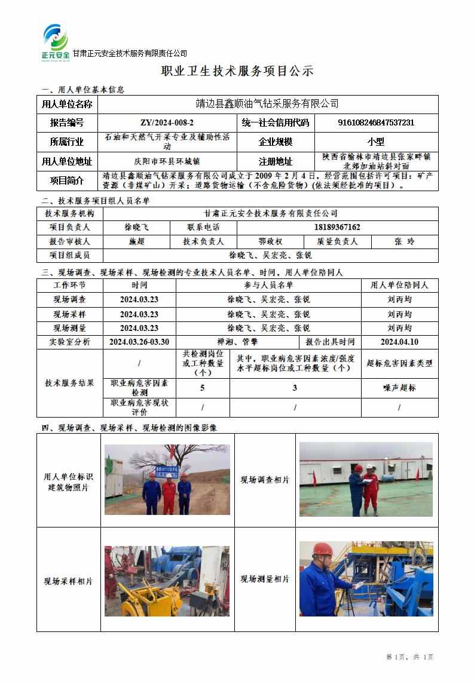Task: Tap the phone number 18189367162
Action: pyautogui.click(x=337, y=227)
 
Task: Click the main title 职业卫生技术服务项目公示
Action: pyautogui.click(x=237, y=71)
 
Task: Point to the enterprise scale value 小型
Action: pyautogui.click(x=376, y=142)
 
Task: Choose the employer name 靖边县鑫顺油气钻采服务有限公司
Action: pyautogui.click(x=267, y=104)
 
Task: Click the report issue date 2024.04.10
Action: pyautogui.click(x=399, y=342)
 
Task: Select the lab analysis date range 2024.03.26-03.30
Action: pyautogui.click(x=139, y=342)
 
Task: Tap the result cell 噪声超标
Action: pyautogui.click(x=399, y=388)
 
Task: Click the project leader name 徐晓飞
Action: pyautogui.click(x=136, y=227)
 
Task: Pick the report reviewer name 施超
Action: pyautogui.click(x=136, y=241)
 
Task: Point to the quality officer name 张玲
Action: pyautogui.click(x=404, y=241)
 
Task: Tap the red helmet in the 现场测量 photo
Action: pyautogui.click(x=323, y=549)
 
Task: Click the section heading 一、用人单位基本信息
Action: pyautogui.click(x=82, y=90)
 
